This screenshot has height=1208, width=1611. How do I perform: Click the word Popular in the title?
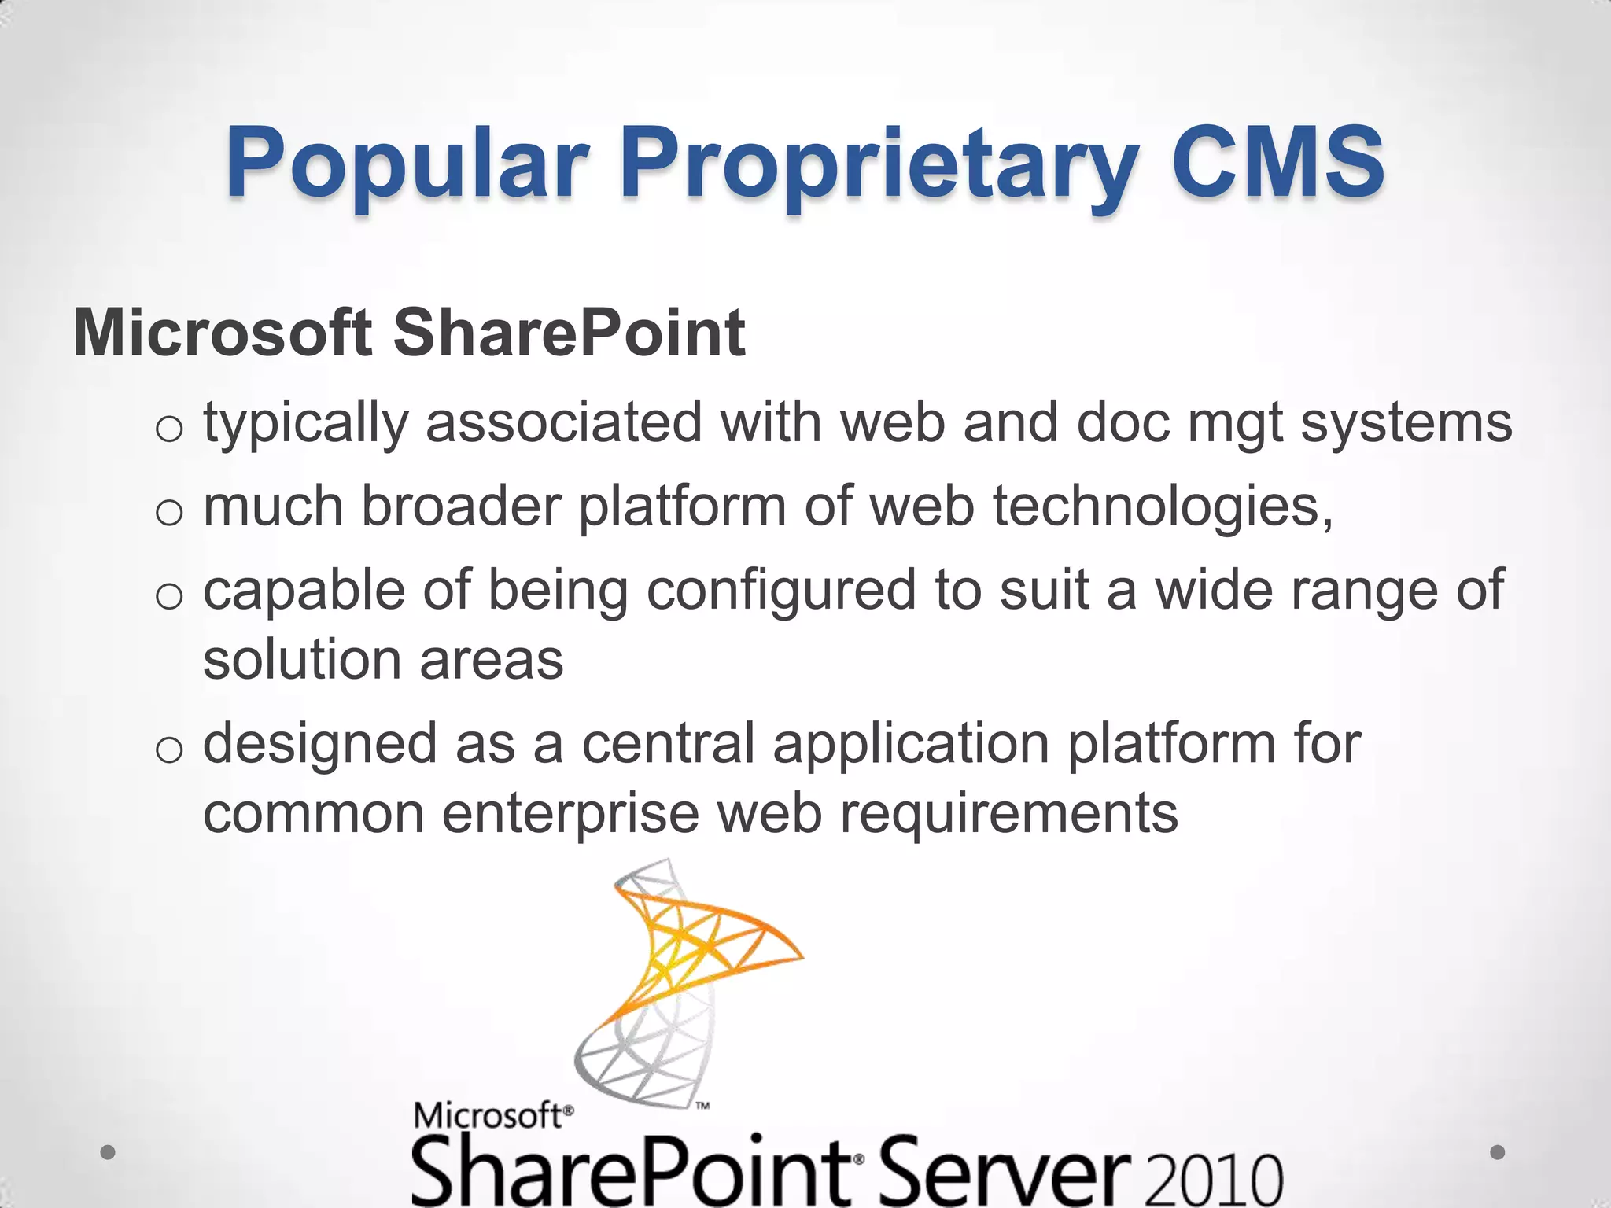pos(407,163)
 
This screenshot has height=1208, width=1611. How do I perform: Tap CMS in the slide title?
pos(1277,163)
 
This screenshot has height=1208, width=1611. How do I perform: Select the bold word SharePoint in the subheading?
pos(569,333)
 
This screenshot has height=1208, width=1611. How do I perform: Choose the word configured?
pos(781,590)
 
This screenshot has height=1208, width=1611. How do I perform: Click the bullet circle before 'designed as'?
pos(168,750)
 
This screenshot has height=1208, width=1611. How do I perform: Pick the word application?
pos(910,744)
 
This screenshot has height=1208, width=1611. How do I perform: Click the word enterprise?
pos(570,813)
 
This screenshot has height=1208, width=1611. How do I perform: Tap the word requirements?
pos(1009,813)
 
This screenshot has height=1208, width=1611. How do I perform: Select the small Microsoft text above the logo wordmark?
pos(488,1115)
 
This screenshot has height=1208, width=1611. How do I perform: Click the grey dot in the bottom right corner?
pos(1498,1152)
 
